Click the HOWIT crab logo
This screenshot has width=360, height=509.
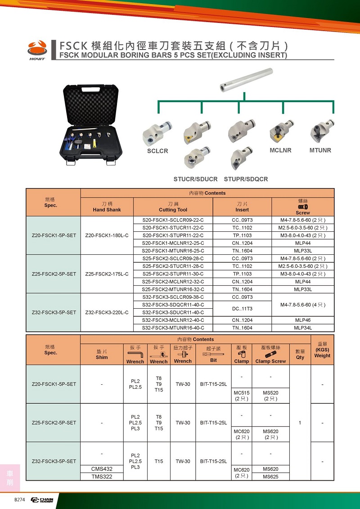(x=37, y=49)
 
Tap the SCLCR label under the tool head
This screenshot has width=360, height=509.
(x=157, y=151)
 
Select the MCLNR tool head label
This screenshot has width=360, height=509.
(x=281, y=150)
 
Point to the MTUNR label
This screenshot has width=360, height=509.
(x=320, y=150)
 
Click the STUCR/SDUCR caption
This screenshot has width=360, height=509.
(x=195, y=179)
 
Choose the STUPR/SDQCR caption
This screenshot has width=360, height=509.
(x=246, y=179)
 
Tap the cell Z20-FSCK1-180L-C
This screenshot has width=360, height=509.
(x=107, y=235)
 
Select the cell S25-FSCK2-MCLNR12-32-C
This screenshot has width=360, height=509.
(x=173, y=282)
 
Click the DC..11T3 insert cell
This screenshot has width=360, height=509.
(x=242, y=308)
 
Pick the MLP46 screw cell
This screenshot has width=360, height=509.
(x=303, y=320)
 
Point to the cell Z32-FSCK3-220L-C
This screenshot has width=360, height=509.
(x=107, y=312)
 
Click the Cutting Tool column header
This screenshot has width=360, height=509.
(x=173, y=207)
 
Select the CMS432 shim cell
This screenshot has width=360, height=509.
(x=102, y=469)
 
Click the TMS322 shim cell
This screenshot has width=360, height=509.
(x=102, y=477)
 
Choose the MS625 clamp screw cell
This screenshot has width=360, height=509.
(x=270, y=477)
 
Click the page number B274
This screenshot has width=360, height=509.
(x=20, y=500)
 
